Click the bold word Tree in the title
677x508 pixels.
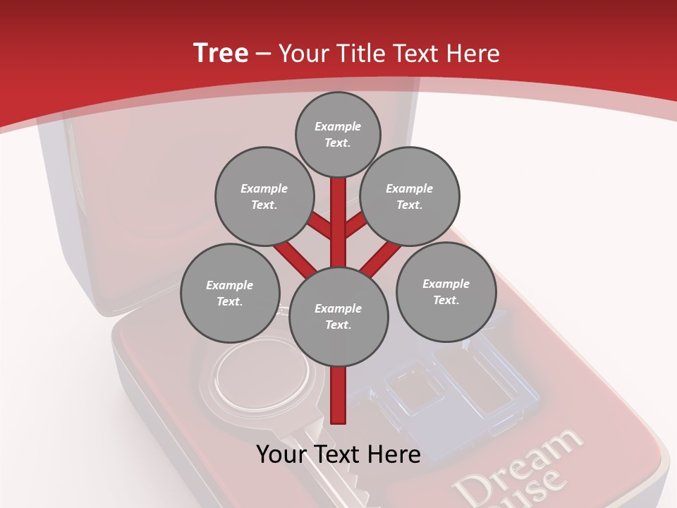tap(221, 53)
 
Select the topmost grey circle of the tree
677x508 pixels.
tap(338, 134)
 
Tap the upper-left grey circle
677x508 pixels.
tap(264, 196)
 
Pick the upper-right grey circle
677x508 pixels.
tap(410, 196)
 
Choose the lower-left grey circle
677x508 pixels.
tap(230, 293)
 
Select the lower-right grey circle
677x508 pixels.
tap(446, 291)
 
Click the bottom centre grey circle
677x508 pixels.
tap(338, 317)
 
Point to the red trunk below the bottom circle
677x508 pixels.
tap(338, 395)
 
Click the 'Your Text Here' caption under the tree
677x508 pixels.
tap(338, 454)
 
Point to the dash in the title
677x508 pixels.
tap(263, 54)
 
